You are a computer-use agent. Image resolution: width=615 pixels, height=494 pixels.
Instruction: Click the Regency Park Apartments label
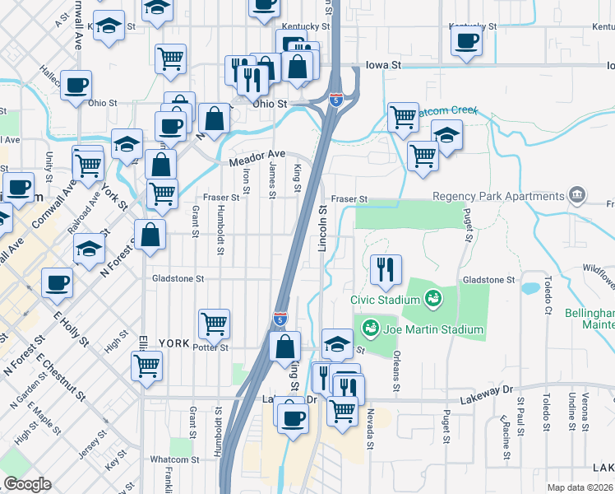point(498,196)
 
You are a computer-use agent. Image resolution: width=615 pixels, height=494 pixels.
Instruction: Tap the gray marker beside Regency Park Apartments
point(577,196)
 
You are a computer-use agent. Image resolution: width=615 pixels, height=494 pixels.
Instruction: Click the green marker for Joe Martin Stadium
point(371,329)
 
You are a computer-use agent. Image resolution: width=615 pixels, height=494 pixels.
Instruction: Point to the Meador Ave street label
point(257,154)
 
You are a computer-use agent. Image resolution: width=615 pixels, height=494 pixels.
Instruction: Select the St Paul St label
point(521,417)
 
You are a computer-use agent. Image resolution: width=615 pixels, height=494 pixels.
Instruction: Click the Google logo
point(28,484)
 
